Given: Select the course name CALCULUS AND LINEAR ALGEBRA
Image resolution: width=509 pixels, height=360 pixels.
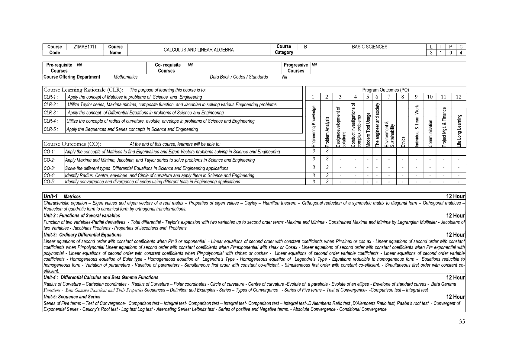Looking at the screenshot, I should tap(198, 50).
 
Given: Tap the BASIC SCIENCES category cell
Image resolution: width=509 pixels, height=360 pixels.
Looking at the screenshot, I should tap(369, 47).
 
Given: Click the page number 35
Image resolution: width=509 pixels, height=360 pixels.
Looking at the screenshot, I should tap(462, 322).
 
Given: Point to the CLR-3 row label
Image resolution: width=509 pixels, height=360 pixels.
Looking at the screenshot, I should tap(50, 113).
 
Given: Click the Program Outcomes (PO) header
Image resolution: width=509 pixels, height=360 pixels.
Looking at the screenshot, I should tap(385, 90).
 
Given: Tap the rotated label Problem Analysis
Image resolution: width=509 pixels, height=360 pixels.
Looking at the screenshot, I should tap(327, 132).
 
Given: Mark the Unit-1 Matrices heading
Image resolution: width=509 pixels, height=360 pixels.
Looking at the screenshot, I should tap(62, 196).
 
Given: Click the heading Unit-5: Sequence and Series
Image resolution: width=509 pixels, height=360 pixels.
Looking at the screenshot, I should tap(72, 297).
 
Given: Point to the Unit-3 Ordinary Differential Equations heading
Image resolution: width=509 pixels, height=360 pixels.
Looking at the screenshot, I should tap(82, 235).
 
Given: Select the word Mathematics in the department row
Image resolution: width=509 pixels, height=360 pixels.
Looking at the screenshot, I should tap(125, 77).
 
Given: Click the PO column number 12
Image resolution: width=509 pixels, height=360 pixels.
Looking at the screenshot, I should tap(459, 97).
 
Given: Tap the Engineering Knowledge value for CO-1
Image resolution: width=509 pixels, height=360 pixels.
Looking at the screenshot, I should tap(314, 151).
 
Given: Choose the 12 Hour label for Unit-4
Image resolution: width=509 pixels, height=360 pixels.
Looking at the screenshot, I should tap(456, 278).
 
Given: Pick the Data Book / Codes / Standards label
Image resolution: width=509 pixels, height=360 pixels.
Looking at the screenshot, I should tap(239, 77).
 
